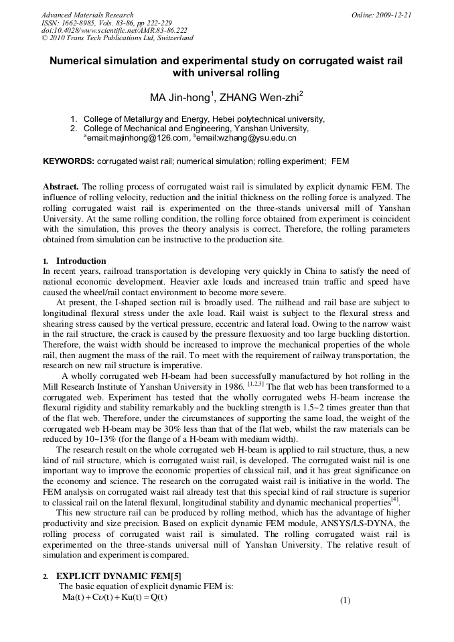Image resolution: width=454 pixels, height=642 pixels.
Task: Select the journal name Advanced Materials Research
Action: click(87, 15)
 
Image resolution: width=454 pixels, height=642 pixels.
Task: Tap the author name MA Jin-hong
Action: click(180, 98)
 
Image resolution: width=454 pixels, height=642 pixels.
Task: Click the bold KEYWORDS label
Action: click(68, 162)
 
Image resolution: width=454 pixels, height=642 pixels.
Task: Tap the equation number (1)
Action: click(345, 600)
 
